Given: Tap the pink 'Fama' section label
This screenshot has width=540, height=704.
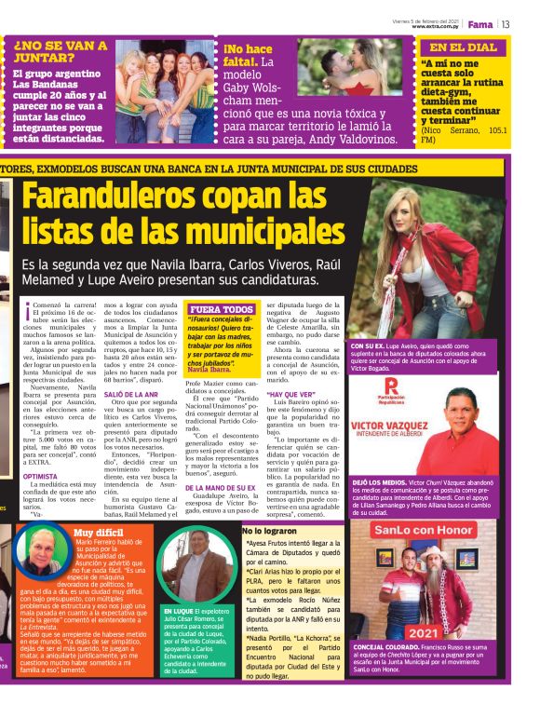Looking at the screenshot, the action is coord(479,24).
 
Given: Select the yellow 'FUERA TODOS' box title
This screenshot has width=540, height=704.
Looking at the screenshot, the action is coord(221,309).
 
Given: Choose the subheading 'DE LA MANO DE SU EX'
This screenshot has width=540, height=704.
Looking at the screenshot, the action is coord(220,488).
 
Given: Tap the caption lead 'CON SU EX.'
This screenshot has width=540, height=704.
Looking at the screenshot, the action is coord(370,345).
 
